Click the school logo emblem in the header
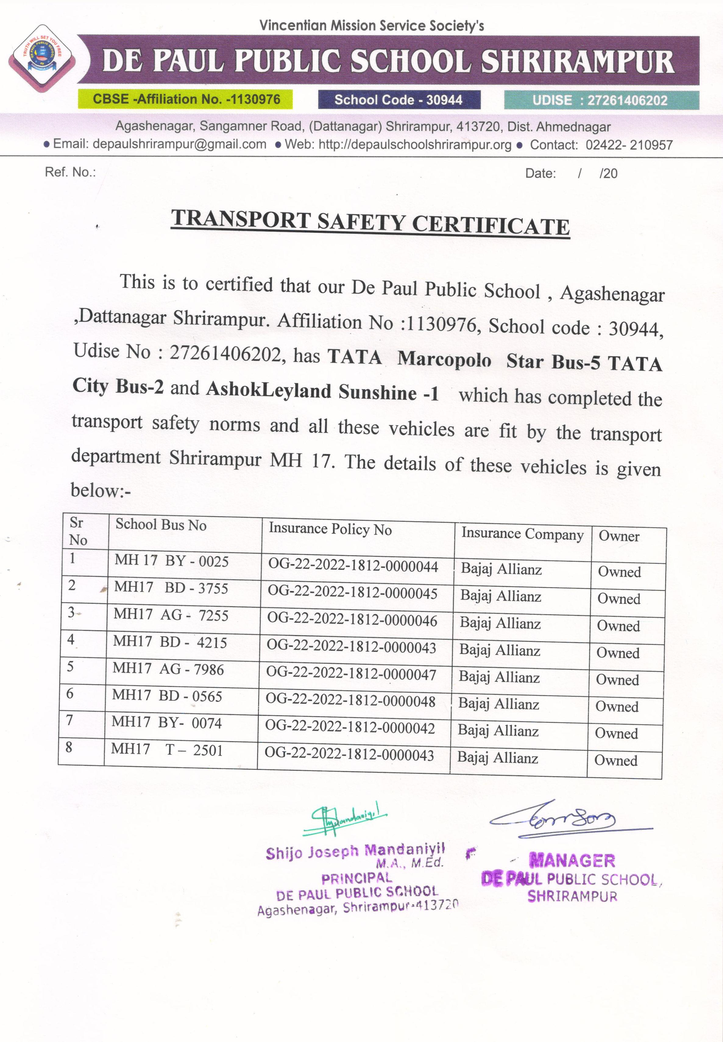42,58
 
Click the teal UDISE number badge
601,101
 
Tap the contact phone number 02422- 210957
629,145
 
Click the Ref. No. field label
70,172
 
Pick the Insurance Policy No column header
330,529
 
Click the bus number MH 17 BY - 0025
171,561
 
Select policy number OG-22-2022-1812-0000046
352,620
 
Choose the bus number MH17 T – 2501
167,750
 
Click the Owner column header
619,536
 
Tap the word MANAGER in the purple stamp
572,860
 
